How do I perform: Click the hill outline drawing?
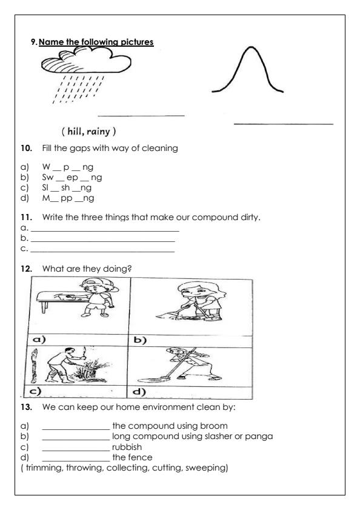248,70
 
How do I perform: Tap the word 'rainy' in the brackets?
105,133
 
